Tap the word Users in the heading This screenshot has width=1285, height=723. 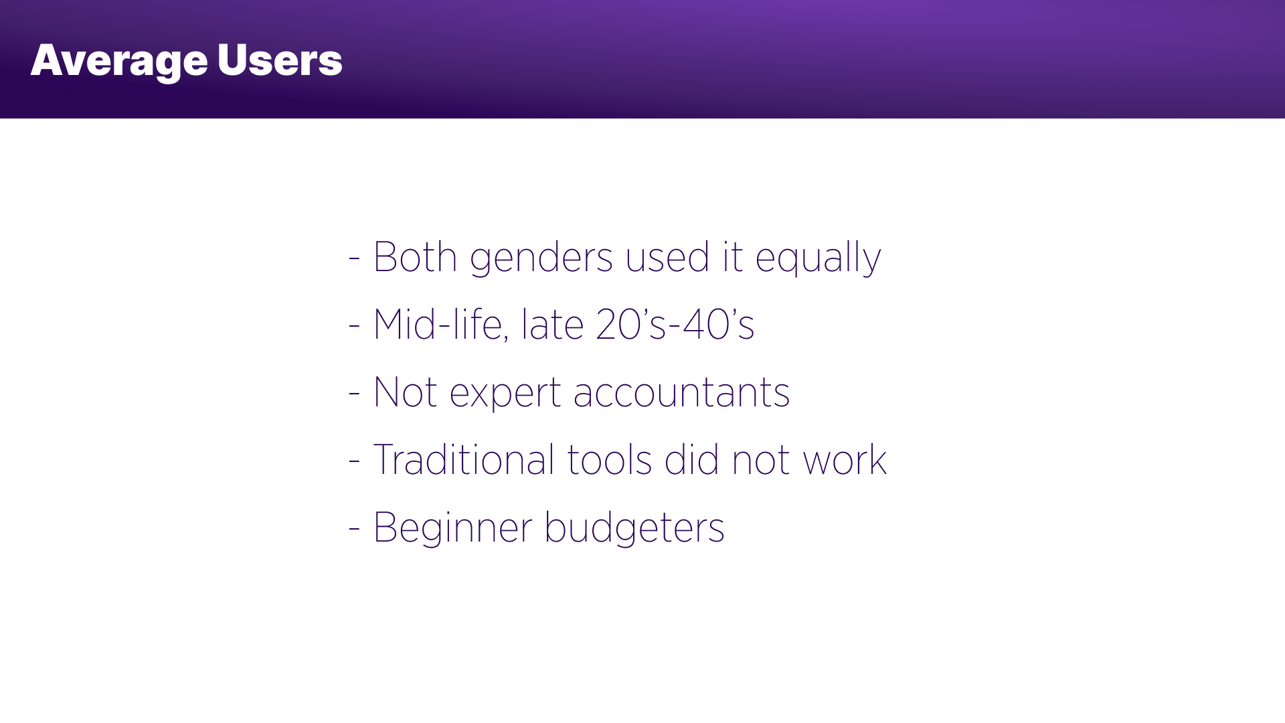(280, 60)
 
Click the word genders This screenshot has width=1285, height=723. (541, 259)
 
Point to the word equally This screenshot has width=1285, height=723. (818, 259)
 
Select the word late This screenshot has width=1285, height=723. (553, 325)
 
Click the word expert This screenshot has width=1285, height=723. (505, 394)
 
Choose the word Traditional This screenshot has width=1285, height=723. (464, 460)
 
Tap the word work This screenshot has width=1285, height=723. (845, 460)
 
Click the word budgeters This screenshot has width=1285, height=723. (634, 528)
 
